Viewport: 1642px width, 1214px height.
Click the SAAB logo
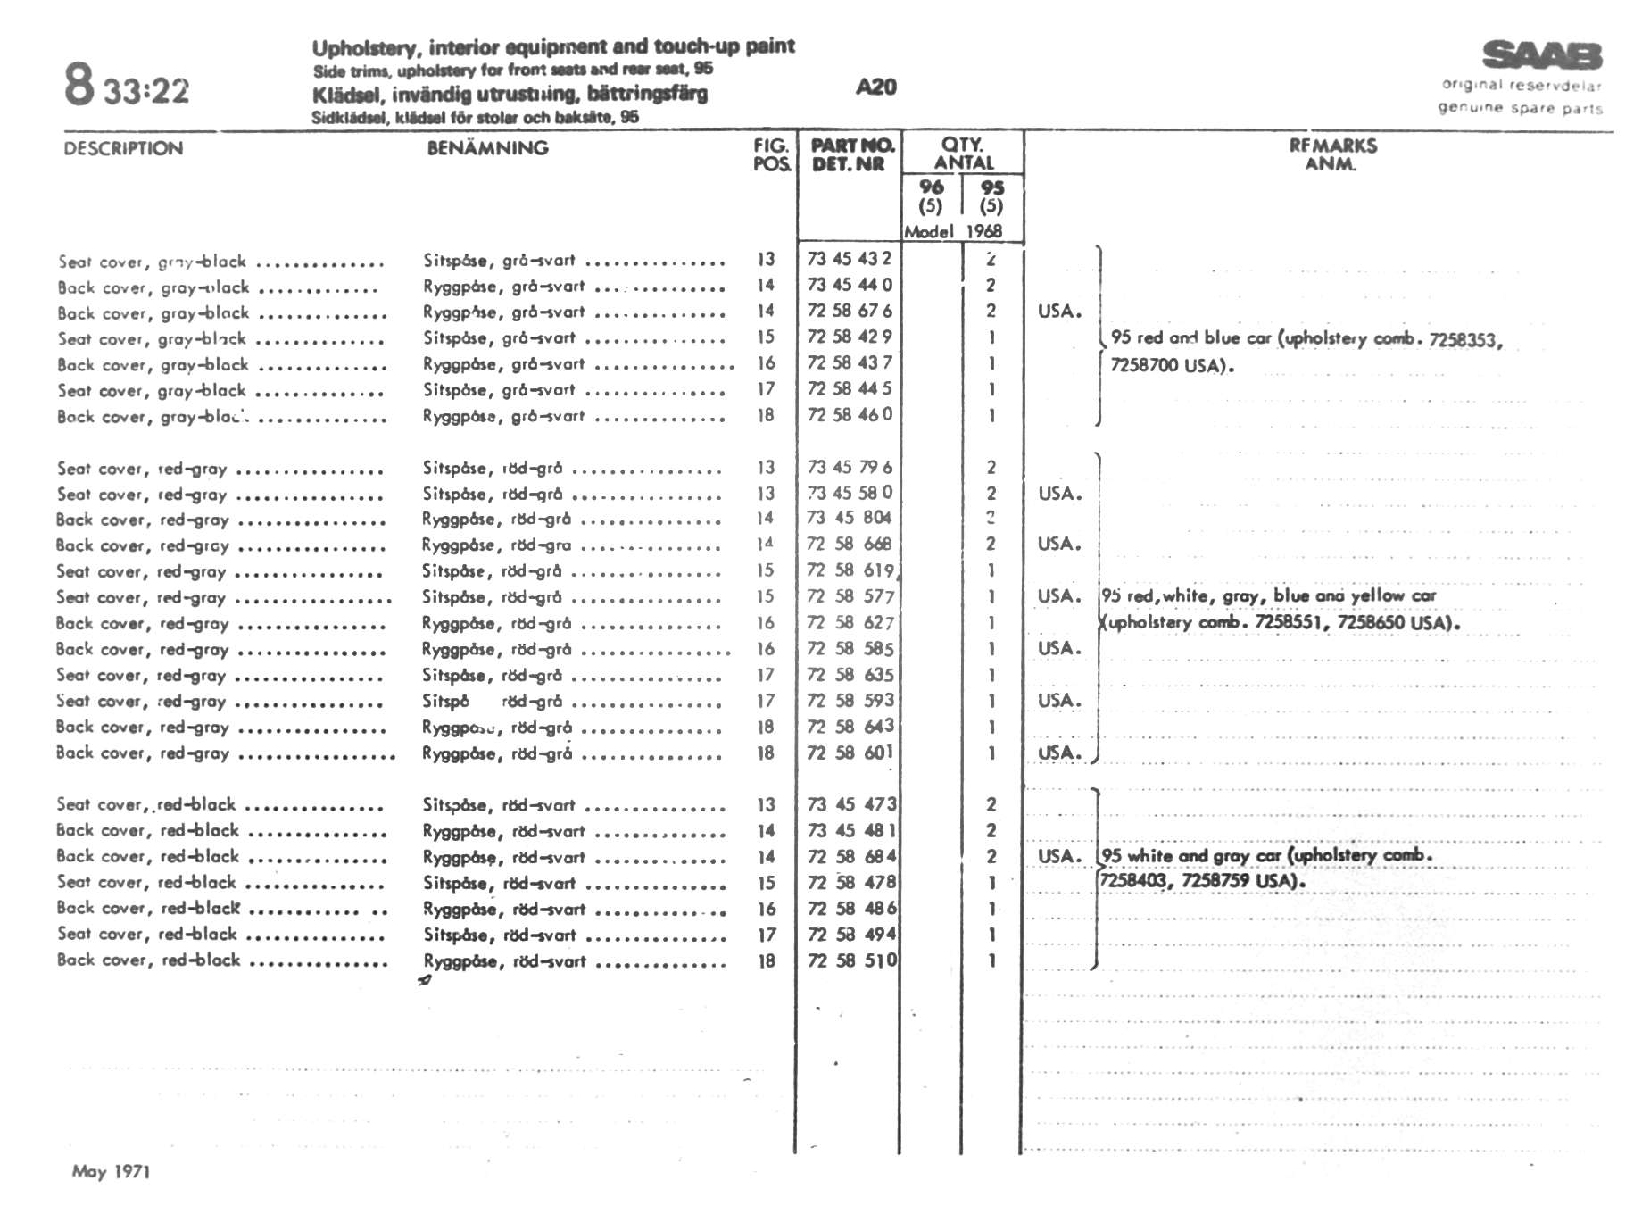[1541, 55]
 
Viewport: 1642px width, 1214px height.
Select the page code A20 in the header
[875, 87]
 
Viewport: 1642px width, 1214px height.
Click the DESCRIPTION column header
[123, 148]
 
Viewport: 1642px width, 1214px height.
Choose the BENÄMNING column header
[487, 148]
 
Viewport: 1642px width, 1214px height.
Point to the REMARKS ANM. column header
[1332, 154]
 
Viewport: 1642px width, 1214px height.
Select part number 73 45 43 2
[849, 259]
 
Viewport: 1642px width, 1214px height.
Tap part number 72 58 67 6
[849, 311]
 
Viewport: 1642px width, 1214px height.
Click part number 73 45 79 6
[849, 467]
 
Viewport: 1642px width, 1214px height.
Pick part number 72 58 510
[851, 961]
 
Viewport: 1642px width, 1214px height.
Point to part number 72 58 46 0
[849, 415]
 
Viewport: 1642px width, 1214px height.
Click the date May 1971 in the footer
[111, 1171]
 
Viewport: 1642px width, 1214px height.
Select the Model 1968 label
[953, 231]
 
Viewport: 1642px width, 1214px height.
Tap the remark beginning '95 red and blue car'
[1306, 339]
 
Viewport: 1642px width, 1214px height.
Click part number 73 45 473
[851, 804]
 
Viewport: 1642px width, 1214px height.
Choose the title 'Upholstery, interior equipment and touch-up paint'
[553, 46]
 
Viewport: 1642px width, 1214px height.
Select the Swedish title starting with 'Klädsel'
[510, 94]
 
